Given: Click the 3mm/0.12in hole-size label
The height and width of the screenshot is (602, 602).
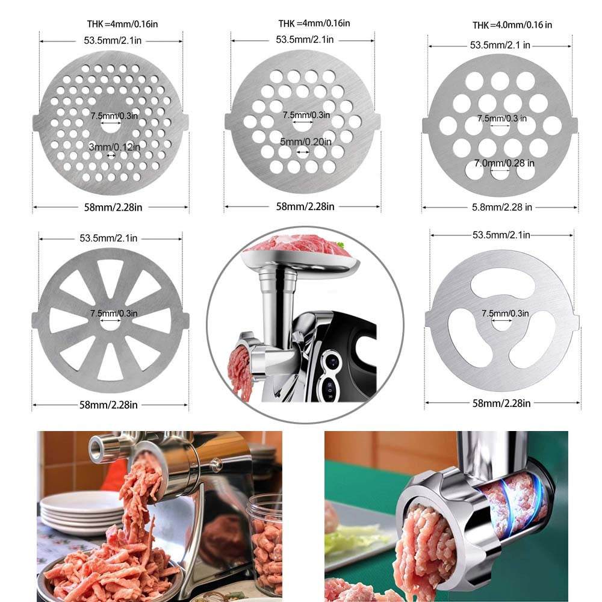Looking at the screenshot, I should [115, 146].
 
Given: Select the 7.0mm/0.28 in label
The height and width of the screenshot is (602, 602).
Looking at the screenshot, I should [504, 163].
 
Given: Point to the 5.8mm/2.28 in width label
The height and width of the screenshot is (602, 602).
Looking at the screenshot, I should [500, 207].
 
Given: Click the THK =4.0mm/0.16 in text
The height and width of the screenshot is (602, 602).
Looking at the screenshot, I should [512, 25].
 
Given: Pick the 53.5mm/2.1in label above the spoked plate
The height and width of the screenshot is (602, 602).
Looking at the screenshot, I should [109, 238].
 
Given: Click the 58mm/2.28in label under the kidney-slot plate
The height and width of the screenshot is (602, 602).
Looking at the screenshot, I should [501, 403].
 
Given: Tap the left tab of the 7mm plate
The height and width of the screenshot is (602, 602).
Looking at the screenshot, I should [426, 125].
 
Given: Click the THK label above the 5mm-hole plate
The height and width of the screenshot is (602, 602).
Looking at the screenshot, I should [314, 23].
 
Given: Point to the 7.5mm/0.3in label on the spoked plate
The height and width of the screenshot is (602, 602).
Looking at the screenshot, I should [114, 313].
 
